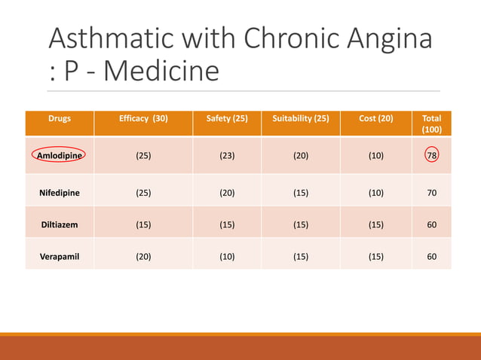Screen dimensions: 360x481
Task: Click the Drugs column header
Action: point(60,118)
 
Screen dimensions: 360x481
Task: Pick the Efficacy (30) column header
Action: point(143,118)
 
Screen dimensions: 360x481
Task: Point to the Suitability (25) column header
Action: point(300,118)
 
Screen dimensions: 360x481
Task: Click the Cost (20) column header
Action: point(375,118)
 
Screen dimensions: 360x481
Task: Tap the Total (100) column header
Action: point(432,124)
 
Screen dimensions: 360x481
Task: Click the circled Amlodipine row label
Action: point(59,156)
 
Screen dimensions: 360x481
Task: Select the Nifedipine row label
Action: point(60,193)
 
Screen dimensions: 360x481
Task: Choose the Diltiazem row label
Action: point(60,224)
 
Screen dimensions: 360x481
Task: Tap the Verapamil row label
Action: point(60,256)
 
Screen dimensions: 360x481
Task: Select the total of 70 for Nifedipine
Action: point(432,193)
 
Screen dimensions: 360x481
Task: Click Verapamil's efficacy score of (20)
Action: point(143,256)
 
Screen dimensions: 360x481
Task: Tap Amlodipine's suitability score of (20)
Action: point(300,156)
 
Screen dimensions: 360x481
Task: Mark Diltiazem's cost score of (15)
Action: point(375,224)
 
